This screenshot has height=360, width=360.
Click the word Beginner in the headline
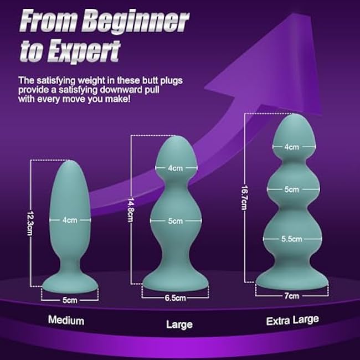coord(136,22)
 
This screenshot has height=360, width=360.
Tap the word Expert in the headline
coord(84,51)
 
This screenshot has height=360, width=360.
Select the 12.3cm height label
coord(29,223)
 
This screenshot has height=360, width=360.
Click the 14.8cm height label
coord(130,210)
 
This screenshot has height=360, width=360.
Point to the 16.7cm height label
coord(244,198)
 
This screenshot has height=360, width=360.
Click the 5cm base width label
coord(70,300)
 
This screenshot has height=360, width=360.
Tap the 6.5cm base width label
coord(175,298)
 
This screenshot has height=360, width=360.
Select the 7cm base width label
coord(292,296)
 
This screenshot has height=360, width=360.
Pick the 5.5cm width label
coord(292,239)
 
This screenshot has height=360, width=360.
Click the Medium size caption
coord(66,320)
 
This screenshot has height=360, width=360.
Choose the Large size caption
coord(179,325)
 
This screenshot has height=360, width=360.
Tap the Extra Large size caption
coord(292,321)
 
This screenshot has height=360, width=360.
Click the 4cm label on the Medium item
coord(70,220)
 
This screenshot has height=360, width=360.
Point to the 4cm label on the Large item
coord(175,168)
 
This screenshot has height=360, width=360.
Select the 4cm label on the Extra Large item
coord(291,147)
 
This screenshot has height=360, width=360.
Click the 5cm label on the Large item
coord(176,221)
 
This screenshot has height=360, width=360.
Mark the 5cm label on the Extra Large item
coord(291,189)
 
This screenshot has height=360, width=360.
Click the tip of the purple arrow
coord(294,14)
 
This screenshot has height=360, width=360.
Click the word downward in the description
coord(121,90)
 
